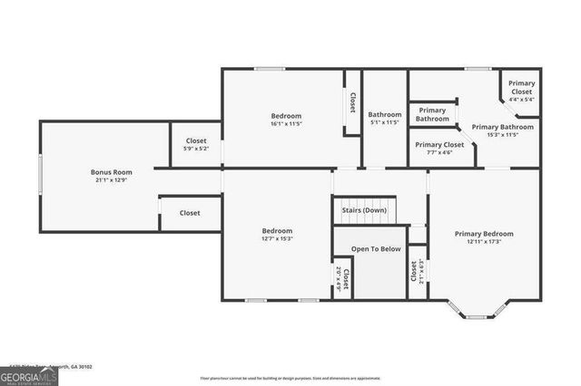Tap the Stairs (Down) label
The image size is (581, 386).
(364, 210)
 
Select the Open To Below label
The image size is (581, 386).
(376, 248)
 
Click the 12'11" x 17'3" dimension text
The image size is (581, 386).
(483, 241)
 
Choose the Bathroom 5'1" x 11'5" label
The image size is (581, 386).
(384, 115)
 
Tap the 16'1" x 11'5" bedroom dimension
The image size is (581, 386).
(286, 124)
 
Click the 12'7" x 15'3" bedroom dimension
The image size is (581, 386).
(277, 239)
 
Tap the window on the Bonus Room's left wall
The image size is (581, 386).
(39, 172)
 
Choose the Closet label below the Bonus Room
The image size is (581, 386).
(190, 213)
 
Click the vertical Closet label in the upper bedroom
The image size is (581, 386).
(351, 104)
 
